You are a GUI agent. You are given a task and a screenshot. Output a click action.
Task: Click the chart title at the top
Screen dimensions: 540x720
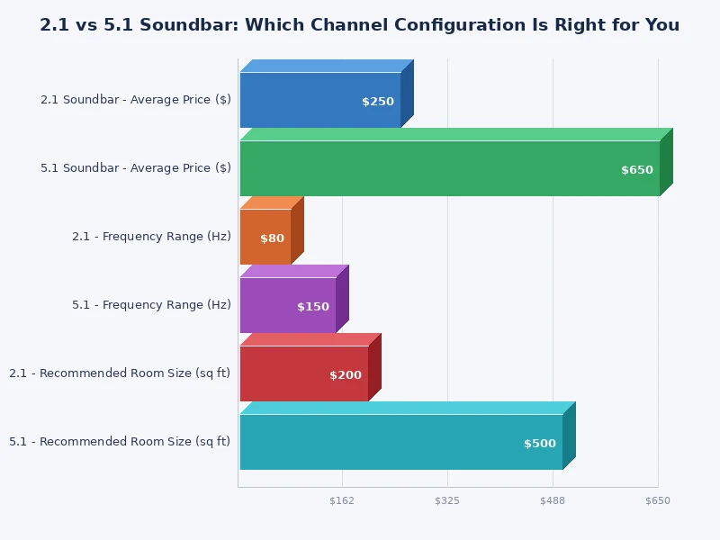click(x=360, y=25)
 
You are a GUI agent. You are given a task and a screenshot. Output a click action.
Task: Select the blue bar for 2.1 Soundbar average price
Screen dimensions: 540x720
click(x=306, y=100)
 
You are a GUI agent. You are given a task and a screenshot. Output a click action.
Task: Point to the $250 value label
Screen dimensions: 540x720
click(x=378, y=102)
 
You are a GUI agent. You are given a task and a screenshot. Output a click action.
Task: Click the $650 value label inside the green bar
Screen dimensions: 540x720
click(x=637, y=170)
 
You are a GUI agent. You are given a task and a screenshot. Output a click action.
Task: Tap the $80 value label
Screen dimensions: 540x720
click(x=272, y=238)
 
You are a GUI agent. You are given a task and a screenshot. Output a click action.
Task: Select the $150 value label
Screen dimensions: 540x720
click(x=313, y=307)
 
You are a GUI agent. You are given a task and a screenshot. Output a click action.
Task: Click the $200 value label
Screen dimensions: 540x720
click(x=346, y=375)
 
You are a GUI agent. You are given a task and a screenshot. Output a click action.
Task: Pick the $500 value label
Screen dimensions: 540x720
click(x=540, y=444)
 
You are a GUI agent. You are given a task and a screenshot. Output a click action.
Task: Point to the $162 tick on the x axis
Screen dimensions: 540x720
click(x=342, y=500)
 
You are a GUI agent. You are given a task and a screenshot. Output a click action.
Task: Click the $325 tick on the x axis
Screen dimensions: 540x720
click(x=447, y=500)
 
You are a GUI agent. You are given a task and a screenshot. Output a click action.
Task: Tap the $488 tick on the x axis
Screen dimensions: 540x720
click(x=553, y=500)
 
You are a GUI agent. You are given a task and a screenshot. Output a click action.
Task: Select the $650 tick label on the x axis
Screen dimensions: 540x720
click(x=658, y=500)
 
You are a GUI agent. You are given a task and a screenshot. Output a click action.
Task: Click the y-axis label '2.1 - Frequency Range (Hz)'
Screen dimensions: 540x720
click(x=151, y=237)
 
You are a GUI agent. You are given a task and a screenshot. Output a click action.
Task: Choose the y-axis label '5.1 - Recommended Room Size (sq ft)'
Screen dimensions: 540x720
click(x=120, y=442)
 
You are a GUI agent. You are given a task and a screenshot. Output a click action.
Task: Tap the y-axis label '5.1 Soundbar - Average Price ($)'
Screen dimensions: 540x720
click(x=136, y=168)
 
